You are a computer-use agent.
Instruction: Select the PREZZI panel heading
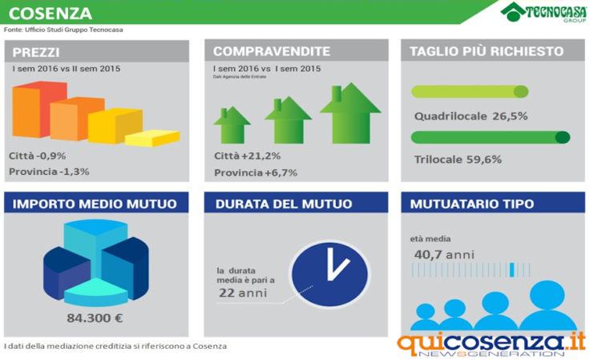(x=35, y=51)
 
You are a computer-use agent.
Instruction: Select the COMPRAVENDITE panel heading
(x=260, y=51)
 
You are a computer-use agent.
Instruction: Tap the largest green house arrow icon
(x=350, y=112)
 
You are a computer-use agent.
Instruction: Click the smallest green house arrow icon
(x=232, y=126)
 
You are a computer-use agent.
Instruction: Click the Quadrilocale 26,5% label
(x=470, y=116)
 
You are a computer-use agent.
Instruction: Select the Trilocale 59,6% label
(x=458, y=160)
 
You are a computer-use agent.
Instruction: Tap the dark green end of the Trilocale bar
(x=563, y=137)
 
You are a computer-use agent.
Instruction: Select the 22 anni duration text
(x=243, y=293)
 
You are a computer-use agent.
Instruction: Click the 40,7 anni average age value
(x=444, y=254)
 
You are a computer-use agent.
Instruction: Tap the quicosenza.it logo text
(x=490, y=342)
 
